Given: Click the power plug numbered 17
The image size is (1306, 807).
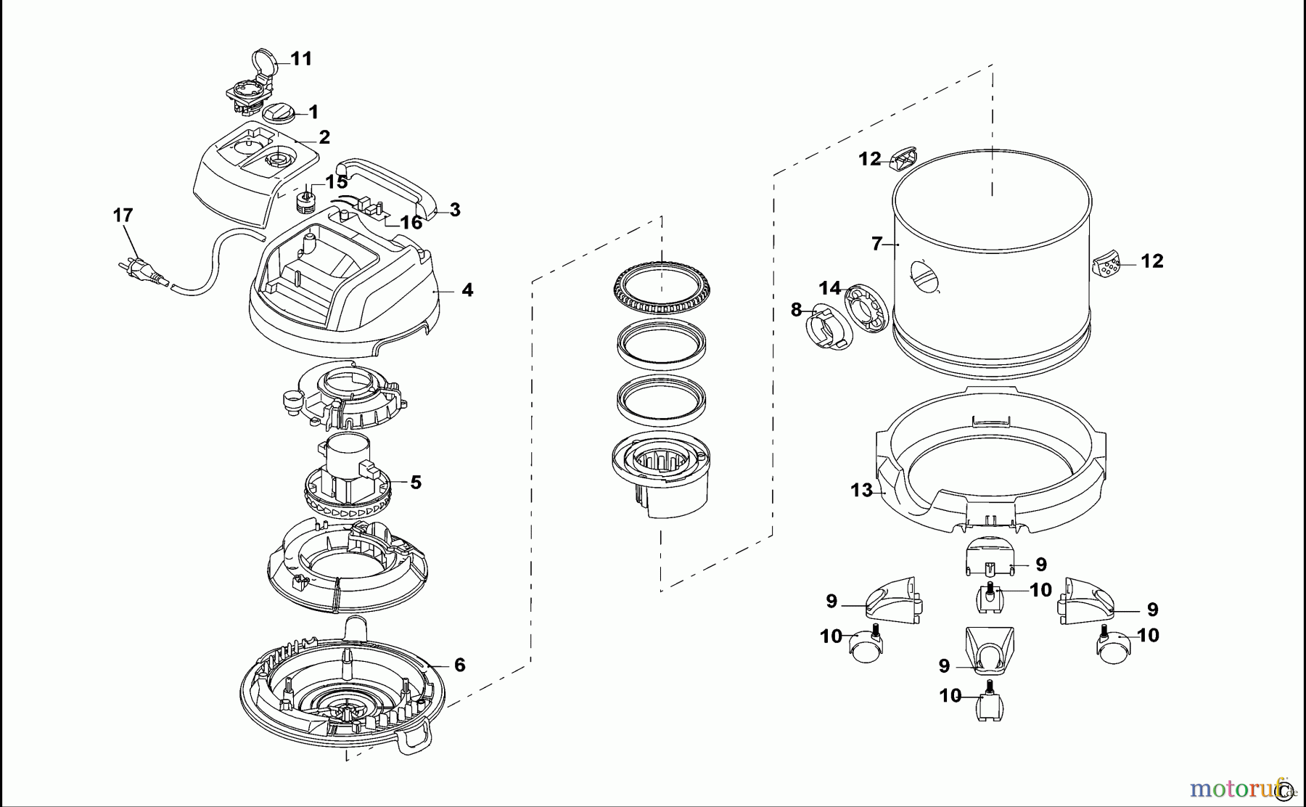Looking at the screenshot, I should (141, 268).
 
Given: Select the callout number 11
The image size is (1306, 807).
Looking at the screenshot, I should (301, 59).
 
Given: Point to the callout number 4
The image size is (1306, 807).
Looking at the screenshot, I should (467, 290).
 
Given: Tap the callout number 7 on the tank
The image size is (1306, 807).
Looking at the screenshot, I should (876, 244).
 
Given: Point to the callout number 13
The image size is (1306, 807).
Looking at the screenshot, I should (861, 491).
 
